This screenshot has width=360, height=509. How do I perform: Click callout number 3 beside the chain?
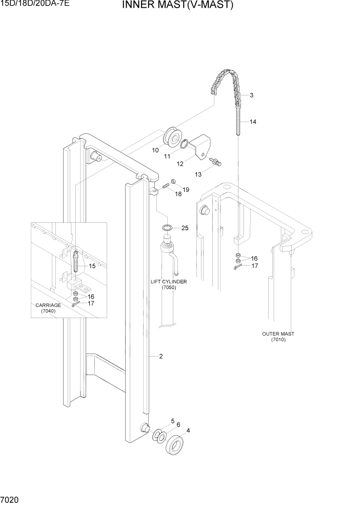click(x=252, y=95)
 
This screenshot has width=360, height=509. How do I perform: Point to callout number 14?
click(x=253, y=122)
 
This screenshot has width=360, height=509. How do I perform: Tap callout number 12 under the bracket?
click(x=180, y=164)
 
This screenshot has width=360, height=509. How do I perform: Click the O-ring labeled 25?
click(x=167, y=228)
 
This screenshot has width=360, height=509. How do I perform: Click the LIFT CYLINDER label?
click(x=168, y=282)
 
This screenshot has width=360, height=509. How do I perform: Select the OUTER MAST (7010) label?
click(x=278, y=337)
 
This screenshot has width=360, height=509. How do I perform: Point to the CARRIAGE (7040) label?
click(x=48, y=308)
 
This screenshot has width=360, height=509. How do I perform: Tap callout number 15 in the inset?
click(x=92, y=266)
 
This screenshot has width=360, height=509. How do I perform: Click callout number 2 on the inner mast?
click(x=161, y=356)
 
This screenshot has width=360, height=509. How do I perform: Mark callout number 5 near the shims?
click(x=172, y=421)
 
